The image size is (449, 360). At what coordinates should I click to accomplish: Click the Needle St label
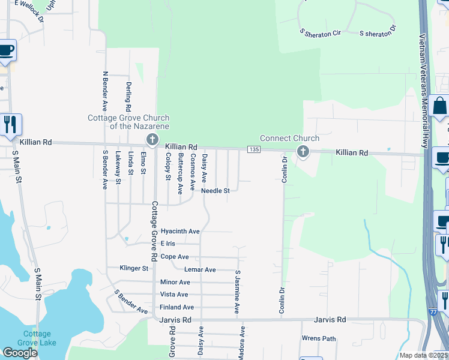pos(215,191)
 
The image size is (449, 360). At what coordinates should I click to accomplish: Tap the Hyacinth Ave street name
pos(184,231)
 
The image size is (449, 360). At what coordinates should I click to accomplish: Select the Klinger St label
pos(134,268)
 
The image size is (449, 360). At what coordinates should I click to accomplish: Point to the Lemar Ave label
pos(200,270)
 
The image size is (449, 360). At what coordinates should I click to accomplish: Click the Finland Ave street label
pos(177,307)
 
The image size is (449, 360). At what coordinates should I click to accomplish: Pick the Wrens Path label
pos(319,338)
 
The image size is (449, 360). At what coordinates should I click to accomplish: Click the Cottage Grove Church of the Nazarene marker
pos(152,140)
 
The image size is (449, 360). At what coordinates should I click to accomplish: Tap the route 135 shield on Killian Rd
pos(255,149)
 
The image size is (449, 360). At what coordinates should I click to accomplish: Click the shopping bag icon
pos(439,106)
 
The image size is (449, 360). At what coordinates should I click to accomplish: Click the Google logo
pos(20,353)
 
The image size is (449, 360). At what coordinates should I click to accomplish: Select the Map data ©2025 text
pos(423,355)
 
